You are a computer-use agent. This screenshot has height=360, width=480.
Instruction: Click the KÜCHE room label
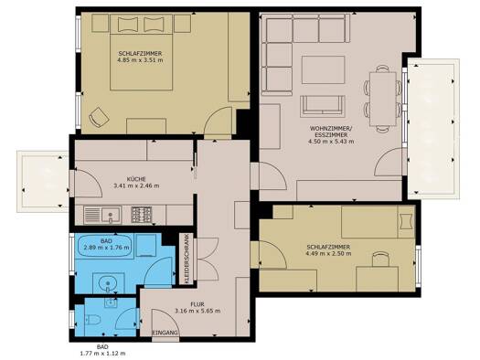136,179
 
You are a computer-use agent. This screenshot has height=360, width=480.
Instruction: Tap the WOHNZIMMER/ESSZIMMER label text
328,132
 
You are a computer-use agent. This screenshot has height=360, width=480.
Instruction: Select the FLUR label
197,304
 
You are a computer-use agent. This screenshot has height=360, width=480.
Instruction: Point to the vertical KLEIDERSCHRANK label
187,259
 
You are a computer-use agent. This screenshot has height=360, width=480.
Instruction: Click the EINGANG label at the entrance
165,333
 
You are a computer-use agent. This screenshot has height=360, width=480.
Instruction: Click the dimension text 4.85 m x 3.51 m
140,60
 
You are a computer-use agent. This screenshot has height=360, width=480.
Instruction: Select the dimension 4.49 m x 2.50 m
328,254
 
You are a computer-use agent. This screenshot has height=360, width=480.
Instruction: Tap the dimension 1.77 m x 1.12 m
102,354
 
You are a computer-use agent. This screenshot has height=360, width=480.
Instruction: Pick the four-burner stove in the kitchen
141,215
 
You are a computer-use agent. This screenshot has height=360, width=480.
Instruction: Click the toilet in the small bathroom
93,320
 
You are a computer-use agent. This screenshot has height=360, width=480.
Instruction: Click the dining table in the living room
383,99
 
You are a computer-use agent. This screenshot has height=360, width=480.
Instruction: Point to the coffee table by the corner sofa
323,69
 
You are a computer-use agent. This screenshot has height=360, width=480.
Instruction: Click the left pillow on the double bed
128,24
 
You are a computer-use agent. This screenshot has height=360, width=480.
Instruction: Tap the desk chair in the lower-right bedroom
380,259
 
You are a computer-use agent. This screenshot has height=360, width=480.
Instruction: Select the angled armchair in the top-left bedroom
99,117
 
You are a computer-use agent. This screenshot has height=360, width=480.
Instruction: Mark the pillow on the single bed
406,221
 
